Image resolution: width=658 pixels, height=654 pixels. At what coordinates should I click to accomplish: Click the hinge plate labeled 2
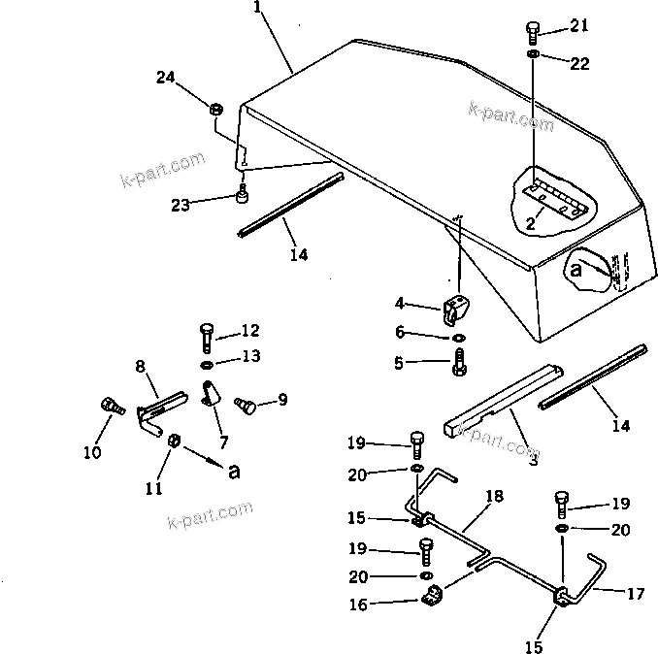click(x=556, y=196)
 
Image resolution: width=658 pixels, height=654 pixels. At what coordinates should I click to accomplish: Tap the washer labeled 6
click(x=458, y=339)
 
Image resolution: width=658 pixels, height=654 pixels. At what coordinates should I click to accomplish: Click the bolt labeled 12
click(x=208, y=337)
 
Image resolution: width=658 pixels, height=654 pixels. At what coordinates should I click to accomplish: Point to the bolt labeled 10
click(x=109, y=407)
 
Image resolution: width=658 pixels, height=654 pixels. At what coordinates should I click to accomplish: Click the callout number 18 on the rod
click(x=494, y=497)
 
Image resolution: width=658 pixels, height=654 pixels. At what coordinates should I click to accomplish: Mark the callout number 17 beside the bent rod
click(x=634, y=593)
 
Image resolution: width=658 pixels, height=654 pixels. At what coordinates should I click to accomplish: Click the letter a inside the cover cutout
click(x=576, y=271)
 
